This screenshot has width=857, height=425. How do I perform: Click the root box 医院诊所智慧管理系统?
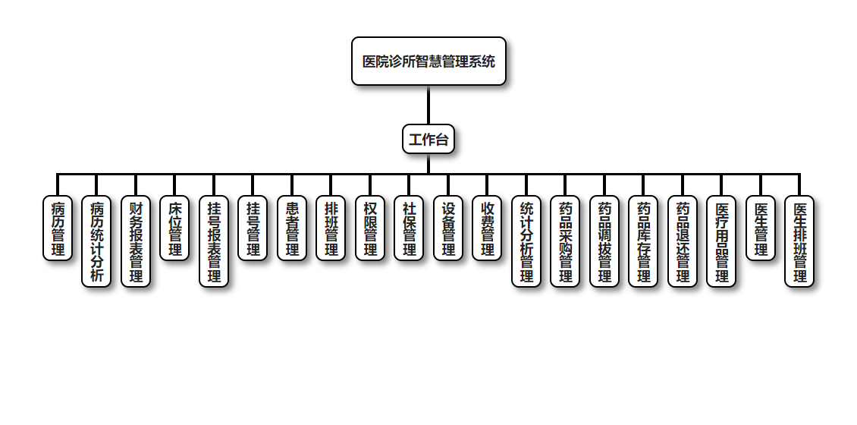click(428, 61)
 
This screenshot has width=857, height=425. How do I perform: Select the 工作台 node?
click(428, 140)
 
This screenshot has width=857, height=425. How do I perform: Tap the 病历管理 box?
click(58, 228)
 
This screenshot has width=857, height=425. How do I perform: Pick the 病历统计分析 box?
click(96, 241)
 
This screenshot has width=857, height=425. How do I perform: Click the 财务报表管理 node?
click(136, 241)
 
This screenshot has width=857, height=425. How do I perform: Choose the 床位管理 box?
click(174, 228)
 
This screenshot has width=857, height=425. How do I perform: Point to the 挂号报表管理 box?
click(214, 241)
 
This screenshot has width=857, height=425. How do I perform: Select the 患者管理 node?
click(292, 228)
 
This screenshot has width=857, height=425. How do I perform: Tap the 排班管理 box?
click(331, 228)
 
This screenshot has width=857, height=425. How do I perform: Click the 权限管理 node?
click(370, 228)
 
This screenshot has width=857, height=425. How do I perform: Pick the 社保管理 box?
click(409, 228)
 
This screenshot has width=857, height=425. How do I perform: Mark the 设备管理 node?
click(448, 228)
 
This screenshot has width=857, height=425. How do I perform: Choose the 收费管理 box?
click(487, 228)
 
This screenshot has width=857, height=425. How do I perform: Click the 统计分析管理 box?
click(526, 241)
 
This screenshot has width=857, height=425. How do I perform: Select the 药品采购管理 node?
click(565, 241)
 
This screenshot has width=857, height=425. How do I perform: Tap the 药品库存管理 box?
click(643, 241)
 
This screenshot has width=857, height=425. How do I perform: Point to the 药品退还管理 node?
click(683, 241)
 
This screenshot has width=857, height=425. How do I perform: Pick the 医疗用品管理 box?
click(721, 241)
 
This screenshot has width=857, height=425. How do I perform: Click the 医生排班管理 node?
click(799, 241)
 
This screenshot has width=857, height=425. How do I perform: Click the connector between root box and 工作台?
click(428, 105)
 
